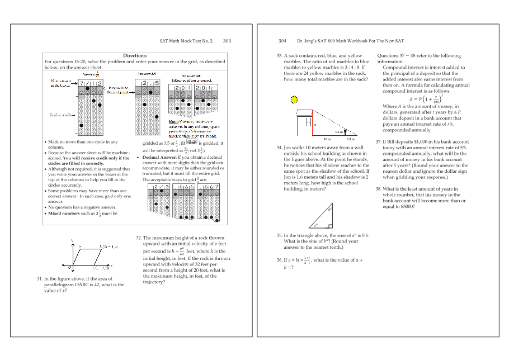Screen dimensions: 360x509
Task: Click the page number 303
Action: coord(227,41)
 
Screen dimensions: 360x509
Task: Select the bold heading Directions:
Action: coord(135,56)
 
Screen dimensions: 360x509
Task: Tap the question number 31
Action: coord(40,278)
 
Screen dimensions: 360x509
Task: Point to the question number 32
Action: coord(139,238)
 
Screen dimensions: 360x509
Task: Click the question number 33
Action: coord(280,56)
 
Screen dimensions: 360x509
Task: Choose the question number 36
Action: coord(280,260)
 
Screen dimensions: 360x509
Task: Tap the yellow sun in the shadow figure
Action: coord(293,100)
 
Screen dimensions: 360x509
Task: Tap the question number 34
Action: coord(280,148)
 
